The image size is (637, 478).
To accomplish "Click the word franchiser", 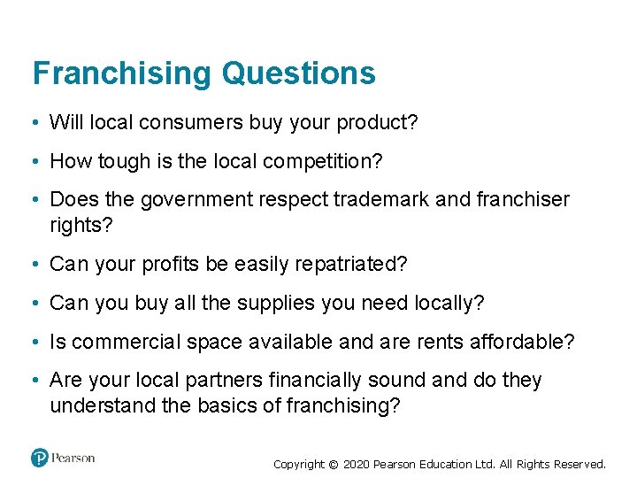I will click(522, 199).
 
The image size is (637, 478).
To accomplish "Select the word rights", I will click(81, 225).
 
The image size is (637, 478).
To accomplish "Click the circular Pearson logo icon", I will click(40, 458).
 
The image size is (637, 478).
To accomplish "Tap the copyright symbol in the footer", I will click(333, 464).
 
